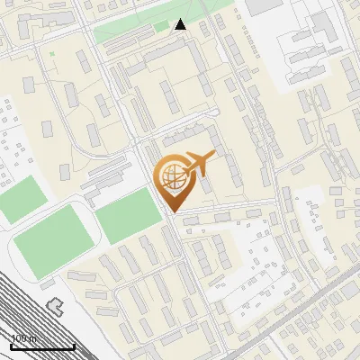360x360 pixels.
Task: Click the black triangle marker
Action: pyautogui.click(x=181, y=24)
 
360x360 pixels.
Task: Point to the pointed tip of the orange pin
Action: pyautogui.click(x=170, y=211)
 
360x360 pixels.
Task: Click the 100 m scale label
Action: pyautogui.click(x=23, y=338)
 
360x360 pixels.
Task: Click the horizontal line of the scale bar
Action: pyautogui.click(x=42, y=346)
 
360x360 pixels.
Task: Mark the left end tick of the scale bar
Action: pyautogui.click(x=12, y=345)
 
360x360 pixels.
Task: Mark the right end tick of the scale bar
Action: pyautogui.click(x=74, y=345)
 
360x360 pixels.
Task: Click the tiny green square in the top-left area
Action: pyautogui.click(x=51, y=54)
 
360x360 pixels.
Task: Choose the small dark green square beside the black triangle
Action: pyautogui.click(x=161, y=26)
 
